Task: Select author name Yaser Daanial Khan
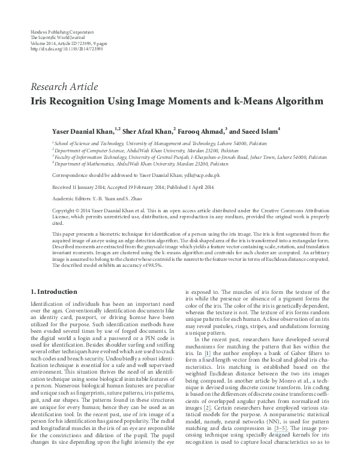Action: pyautogui.click(x=85, y=130)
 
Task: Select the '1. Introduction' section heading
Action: pyautogui.click(x=53, y=291)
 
